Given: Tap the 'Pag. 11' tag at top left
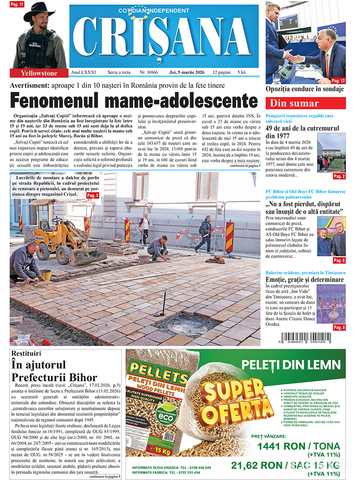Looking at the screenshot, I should (17, 4).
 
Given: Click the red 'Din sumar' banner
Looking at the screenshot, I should (306, 103).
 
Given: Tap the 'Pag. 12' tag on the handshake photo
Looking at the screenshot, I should (338, 81).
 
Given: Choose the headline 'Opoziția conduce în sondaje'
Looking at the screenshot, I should (305, 89).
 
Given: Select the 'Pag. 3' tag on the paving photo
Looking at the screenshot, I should (92, 195).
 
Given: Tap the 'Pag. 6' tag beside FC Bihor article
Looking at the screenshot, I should (338, 260).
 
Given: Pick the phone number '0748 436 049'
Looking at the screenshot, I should (198, 467).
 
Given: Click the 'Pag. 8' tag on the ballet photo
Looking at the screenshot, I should (338, 328).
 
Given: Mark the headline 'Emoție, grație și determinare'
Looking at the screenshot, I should (305, 280).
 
